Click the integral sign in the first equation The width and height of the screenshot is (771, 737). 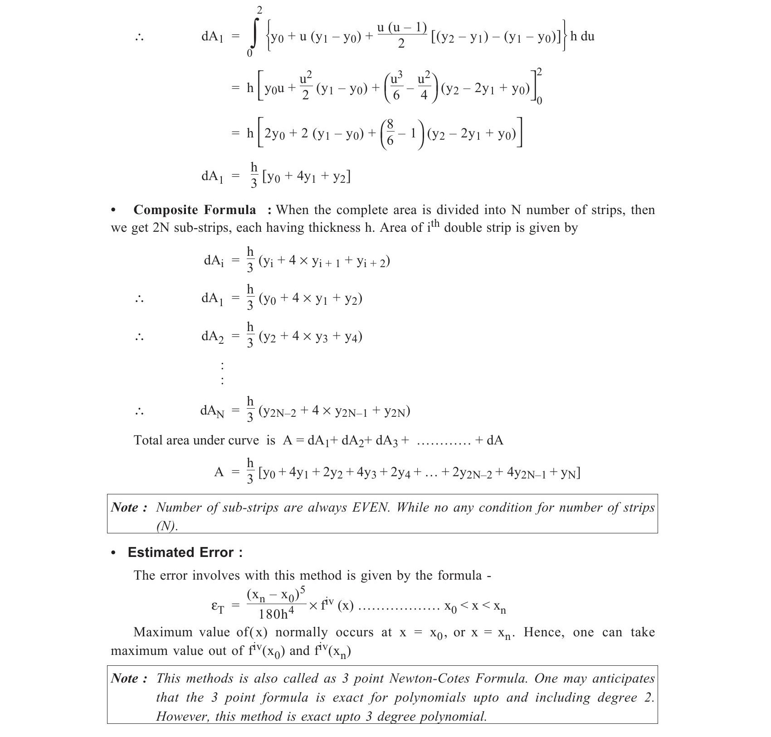click(255, 32)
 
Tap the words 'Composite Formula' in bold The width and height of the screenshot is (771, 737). click(195, 210)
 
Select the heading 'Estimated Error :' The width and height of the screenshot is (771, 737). click(185, 552)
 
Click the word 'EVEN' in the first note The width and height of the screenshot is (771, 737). click(371, 507)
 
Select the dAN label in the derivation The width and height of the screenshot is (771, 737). click(212, 411)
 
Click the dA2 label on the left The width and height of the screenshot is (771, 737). click(212, 337)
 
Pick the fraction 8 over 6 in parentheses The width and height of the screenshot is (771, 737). click(390, 133)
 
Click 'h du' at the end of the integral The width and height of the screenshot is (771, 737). click(582, 36)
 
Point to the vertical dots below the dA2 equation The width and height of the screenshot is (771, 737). click(222, 373)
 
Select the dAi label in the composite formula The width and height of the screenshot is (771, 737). click(214, 261)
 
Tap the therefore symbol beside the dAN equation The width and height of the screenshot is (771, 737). click(139, 412)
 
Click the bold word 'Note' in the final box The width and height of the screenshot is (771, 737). click(125, 678)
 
